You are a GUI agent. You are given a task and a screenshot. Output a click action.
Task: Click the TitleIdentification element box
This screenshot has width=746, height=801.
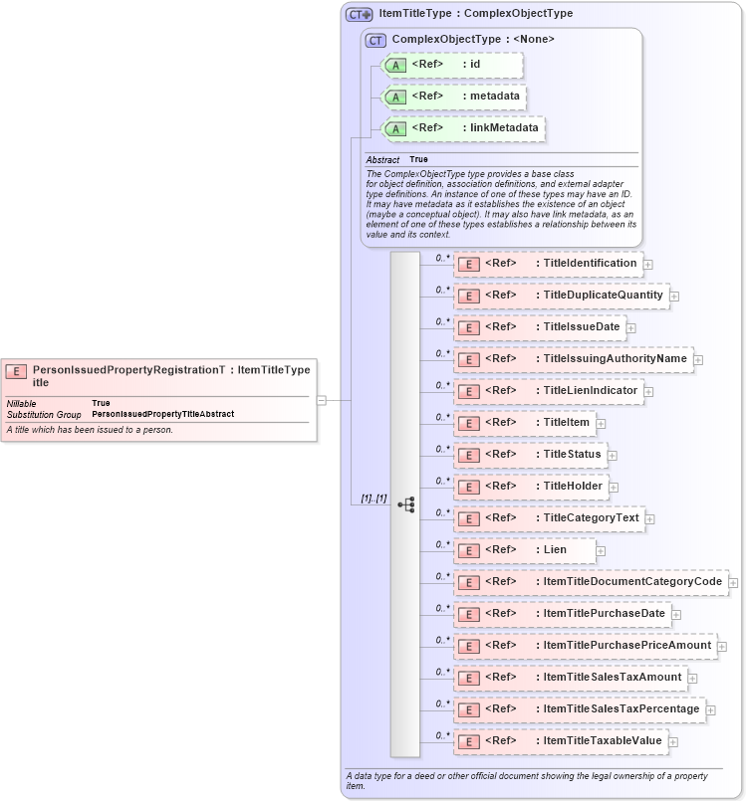[x=547, y=264]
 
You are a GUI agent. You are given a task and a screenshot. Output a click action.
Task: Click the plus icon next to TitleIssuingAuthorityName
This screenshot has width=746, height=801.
[x=699, y=360]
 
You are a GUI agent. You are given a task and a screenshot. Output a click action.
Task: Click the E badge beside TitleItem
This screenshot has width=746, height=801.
[x=468, y=424]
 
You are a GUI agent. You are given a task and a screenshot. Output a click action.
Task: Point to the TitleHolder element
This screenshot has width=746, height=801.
[x=532, y=487]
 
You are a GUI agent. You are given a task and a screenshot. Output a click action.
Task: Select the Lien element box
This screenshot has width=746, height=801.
[x=524, y=550]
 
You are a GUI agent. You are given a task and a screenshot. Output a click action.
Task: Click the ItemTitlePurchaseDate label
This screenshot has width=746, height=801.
[x=604, y=614]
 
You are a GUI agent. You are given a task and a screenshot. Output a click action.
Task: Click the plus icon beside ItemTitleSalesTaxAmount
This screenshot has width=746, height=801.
[x=693, y=679]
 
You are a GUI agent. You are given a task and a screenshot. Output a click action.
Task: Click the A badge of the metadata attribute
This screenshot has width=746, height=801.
[x=395, y=98]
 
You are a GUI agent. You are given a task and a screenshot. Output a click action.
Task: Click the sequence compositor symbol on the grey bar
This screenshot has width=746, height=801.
[x=405, y=504]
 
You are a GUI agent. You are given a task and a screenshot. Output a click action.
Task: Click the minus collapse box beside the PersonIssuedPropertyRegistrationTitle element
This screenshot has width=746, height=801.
[x=321, y=400]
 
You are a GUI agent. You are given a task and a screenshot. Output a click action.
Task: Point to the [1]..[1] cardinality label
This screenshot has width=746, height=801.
[x=373, y=499]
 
